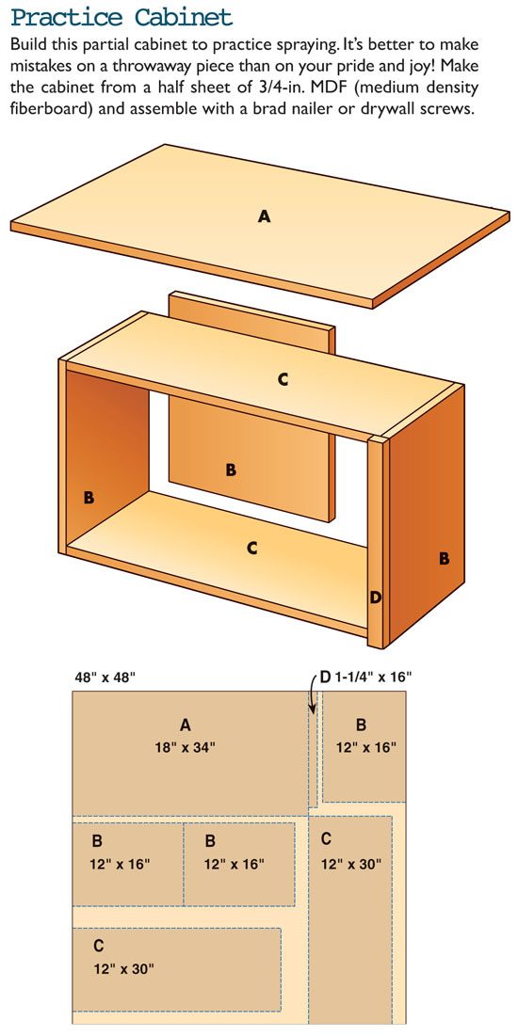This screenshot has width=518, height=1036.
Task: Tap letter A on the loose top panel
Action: click(x=264, y=215)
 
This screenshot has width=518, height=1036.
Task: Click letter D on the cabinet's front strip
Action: click(x=375, y=598)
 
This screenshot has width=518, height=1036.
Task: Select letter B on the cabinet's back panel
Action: click(x=230, y=470)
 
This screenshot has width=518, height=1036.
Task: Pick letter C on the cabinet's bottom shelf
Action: click(x=251, y=548)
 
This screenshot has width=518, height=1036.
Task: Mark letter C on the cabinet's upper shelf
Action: click(x=283, y=379)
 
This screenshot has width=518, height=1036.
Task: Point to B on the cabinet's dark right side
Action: click(x=444, y=558)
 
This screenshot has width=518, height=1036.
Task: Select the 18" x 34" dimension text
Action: click(x=185, y=747)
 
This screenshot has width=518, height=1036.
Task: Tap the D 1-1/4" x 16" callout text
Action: click(x=365, y=677)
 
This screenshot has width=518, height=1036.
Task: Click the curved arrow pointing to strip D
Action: click(x=313, y=693)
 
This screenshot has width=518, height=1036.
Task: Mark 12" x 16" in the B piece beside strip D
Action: click(x=365, y=747)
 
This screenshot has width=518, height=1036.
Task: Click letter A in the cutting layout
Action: click(x=186, y=725)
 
